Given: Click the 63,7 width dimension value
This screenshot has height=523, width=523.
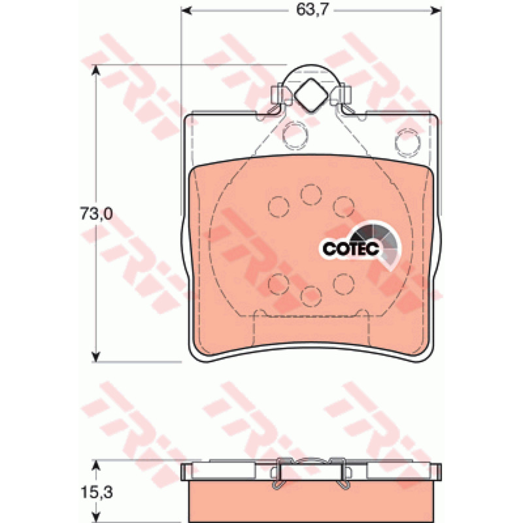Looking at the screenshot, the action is (312, 10).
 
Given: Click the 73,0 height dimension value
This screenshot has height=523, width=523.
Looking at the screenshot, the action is (96, 214).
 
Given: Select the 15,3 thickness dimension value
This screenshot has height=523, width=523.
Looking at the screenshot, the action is (96, 492).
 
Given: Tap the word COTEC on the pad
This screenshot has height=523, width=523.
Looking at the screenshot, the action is (351, 248).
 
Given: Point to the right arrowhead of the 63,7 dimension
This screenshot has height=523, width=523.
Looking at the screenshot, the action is (436, 10).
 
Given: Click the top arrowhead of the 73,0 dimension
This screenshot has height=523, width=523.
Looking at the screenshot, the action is (96, 71).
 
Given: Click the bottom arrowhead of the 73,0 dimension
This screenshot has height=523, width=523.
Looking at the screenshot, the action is (96, 356).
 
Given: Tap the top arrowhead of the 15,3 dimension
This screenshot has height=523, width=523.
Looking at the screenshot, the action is (96, 465).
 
